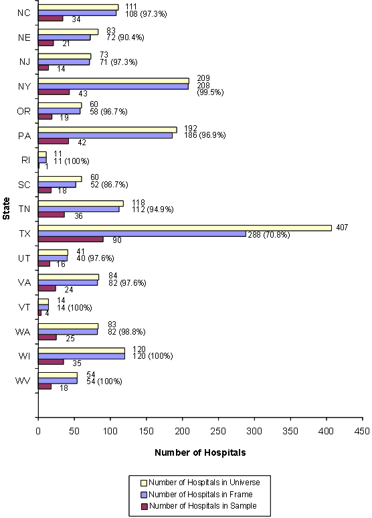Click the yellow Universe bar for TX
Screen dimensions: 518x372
point(185,228)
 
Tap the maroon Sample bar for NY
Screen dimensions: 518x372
point(54,92)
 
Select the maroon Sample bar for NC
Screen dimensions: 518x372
point(50,18)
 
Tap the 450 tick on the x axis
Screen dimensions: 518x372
point(362,431)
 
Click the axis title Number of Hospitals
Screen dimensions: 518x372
point(200,452)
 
